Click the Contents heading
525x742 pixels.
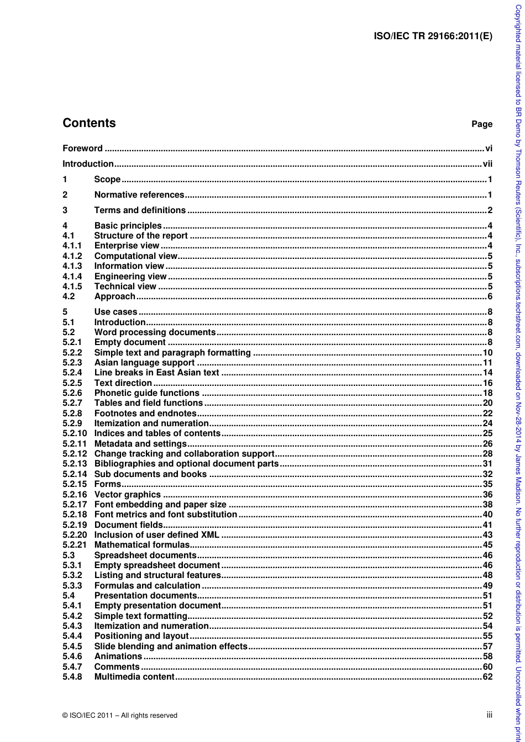89,123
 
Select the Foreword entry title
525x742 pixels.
82,148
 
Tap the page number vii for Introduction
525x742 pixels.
487,164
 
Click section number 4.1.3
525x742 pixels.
72,266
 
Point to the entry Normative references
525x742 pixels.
139,195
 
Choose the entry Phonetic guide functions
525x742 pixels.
146,393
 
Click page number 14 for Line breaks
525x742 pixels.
487,373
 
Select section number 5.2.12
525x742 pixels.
75,454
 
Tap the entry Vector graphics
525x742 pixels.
127,495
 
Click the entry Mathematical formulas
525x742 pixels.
142,545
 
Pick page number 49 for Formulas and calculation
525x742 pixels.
487,586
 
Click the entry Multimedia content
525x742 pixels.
134,677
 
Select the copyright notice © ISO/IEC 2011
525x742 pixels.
120,715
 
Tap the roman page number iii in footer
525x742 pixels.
489,714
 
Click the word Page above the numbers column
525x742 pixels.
481,124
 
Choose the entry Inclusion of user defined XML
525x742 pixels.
156,535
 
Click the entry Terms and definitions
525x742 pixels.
140,210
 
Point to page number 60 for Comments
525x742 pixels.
487,667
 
